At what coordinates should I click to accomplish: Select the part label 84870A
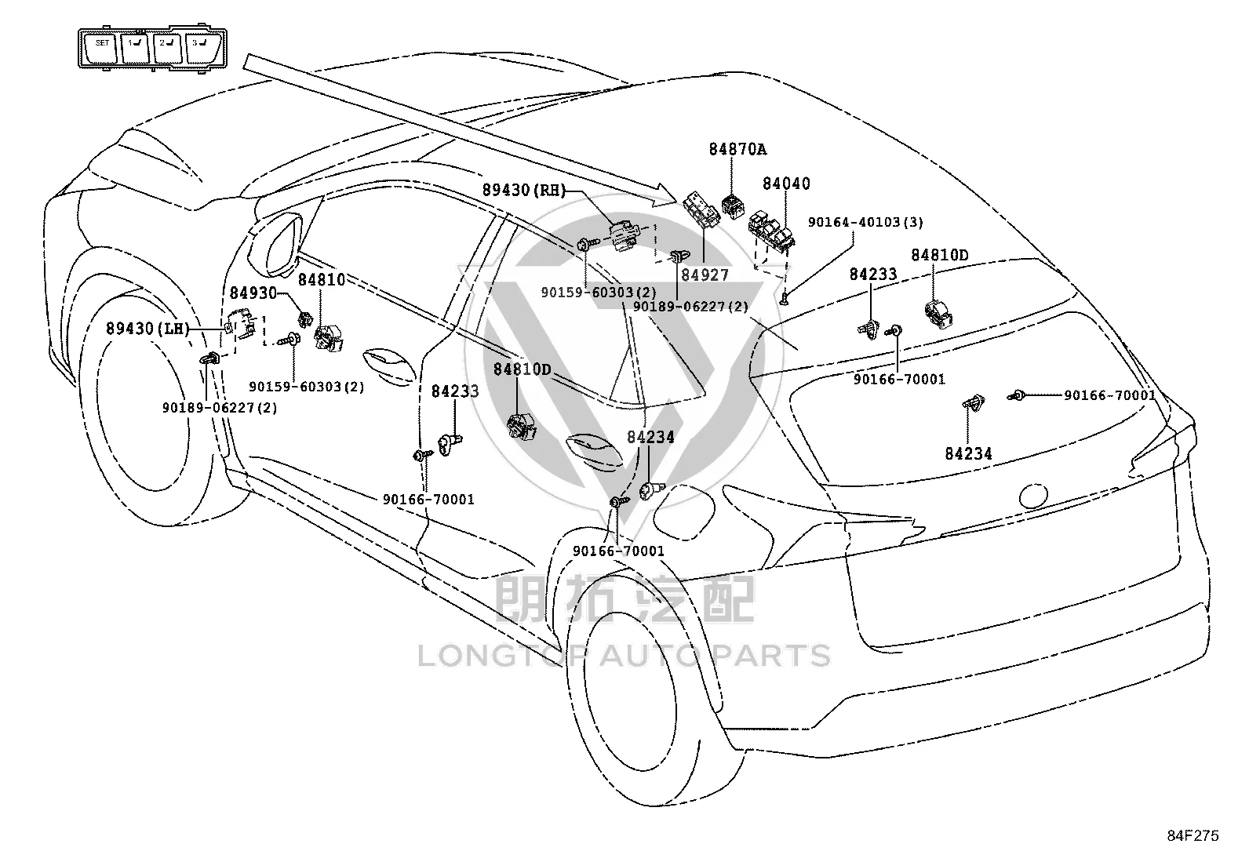(x=737, y=150)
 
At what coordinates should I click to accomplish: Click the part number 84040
(x=786, y=184)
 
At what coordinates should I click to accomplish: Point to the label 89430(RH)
(x=524, y=190)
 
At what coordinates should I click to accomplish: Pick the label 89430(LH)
(x=147, y=329)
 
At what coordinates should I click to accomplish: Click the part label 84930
(x=253, y=293)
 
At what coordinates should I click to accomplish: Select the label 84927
(x=705, y=275)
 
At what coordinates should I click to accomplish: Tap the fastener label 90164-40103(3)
(x=865, y=222)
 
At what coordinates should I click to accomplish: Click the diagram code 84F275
(x=1193, y=836)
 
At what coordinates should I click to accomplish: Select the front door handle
(x=389, y=366)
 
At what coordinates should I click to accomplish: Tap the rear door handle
(x=594, y=450)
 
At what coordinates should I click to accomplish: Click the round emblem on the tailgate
(x=1033, y=495)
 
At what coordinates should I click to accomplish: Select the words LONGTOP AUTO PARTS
(x=624, y=656)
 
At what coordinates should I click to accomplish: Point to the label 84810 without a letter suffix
(x=322, y=279)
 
